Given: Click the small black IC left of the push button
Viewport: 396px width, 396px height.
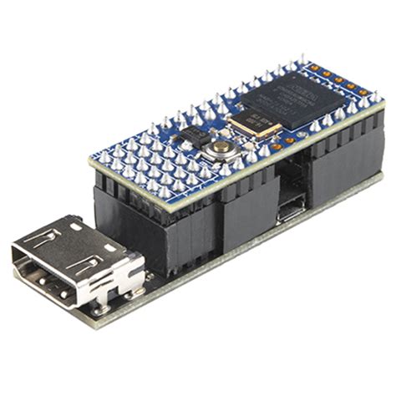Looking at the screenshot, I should pyautogui.click(x=194, y=136).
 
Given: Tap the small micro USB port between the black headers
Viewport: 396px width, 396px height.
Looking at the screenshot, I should pyautogui.click(x=290, y=209).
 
